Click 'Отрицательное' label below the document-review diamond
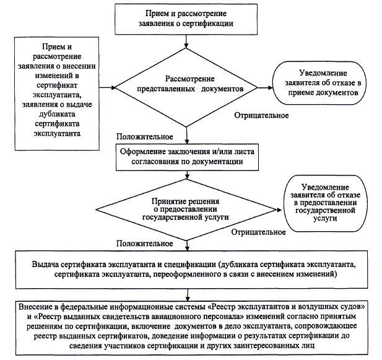click(x=262, y=115)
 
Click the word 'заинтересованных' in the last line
click(x=275, y=348)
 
